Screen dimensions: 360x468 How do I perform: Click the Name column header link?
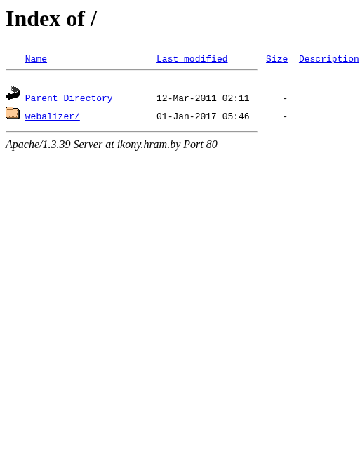(36, 59)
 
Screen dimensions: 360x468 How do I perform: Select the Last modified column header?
(192, 59)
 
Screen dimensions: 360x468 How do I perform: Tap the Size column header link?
(276, 59)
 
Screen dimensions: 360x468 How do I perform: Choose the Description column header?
(329, 59)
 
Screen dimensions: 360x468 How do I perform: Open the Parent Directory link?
(69, 98)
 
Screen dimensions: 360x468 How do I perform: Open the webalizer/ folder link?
(52, 116)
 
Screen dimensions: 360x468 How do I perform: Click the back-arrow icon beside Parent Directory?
(13, 93)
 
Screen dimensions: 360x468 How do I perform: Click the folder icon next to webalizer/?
(13, 113)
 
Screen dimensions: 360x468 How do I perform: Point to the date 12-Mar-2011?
(187, 98)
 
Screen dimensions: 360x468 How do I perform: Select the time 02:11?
(236, 98)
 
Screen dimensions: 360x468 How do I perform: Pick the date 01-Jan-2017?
(187, 116)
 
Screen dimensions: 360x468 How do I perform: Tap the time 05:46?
(236, 116)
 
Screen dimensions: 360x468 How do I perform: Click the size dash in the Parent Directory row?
(285, 98)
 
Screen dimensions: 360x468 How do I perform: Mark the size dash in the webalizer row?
(285, 116)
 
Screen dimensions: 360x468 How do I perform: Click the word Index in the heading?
(33, 19)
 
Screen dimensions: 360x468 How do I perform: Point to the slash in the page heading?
(93, 19)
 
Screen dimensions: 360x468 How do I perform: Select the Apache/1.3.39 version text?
(38, 145)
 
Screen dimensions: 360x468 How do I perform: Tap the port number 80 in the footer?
(211, 145)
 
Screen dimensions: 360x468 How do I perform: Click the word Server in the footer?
(88, 145)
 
